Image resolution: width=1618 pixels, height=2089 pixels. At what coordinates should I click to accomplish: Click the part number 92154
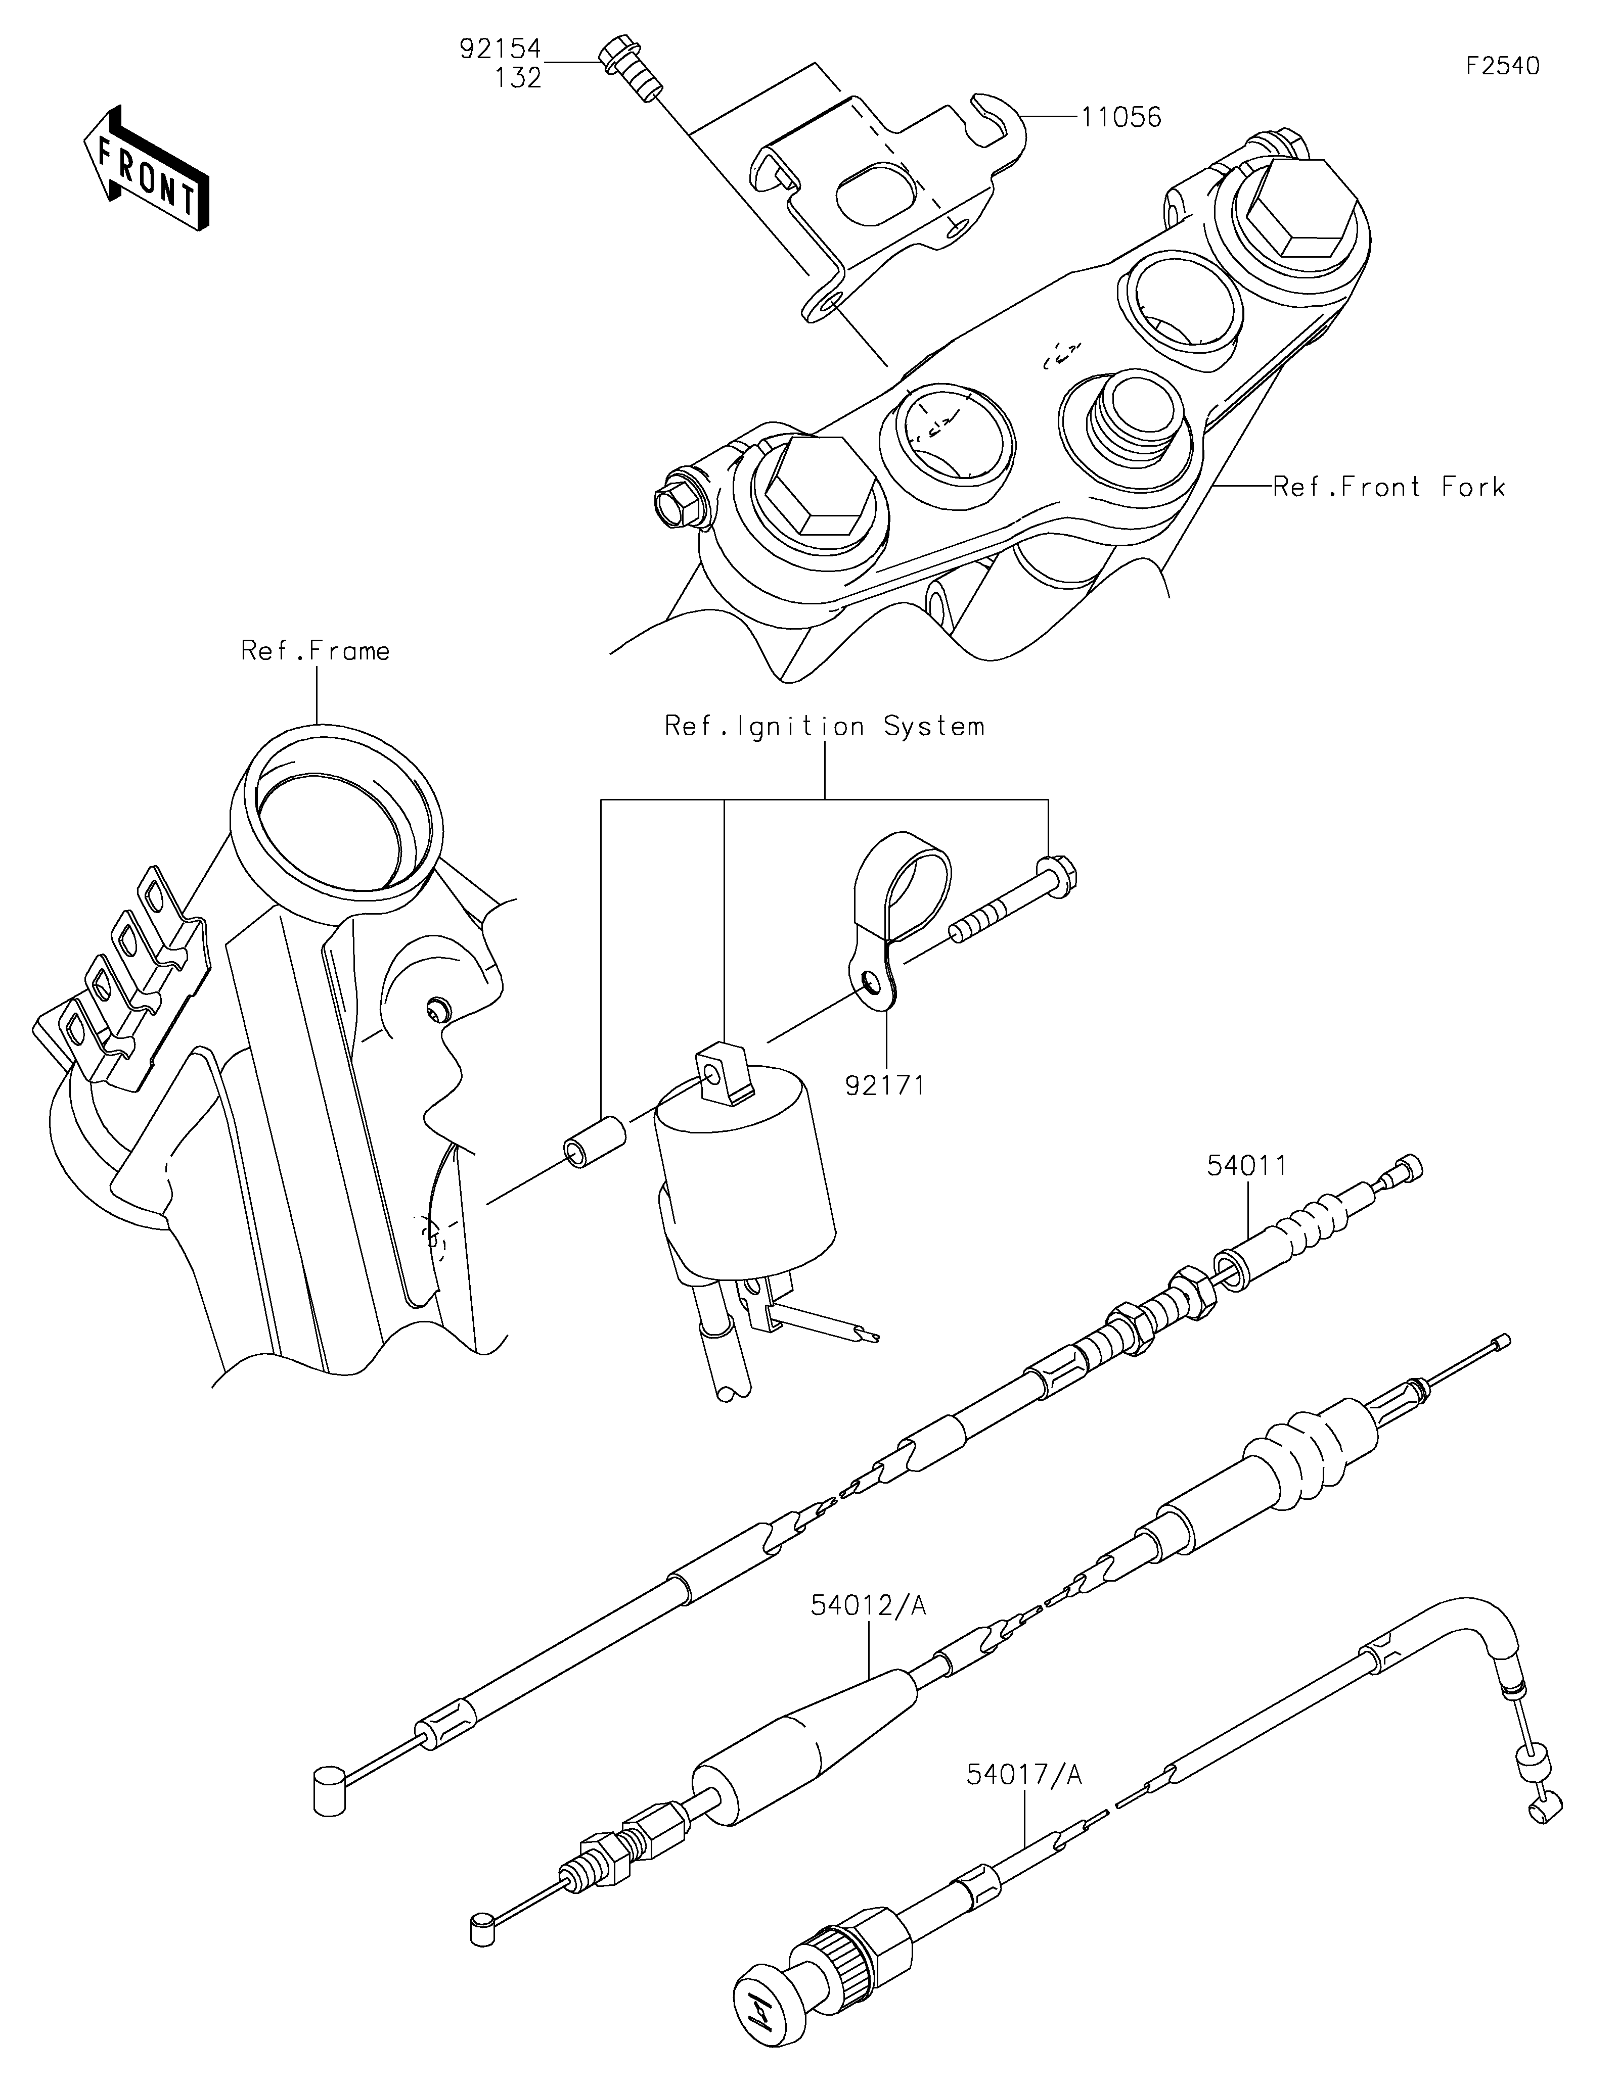[x=501, y=49]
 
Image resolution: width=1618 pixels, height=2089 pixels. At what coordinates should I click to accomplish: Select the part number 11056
[x=1121, y=118]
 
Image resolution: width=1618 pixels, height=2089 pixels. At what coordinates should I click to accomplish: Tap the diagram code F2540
[x=1503, y=66]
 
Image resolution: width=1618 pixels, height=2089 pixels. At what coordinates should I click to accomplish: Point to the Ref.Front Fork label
[x=1389, y=487]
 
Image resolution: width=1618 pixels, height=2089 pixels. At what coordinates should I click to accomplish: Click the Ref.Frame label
[x=316, y=651]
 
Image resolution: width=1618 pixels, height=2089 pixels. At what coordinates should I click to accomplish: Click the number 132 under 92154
[x=519, y=77]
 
